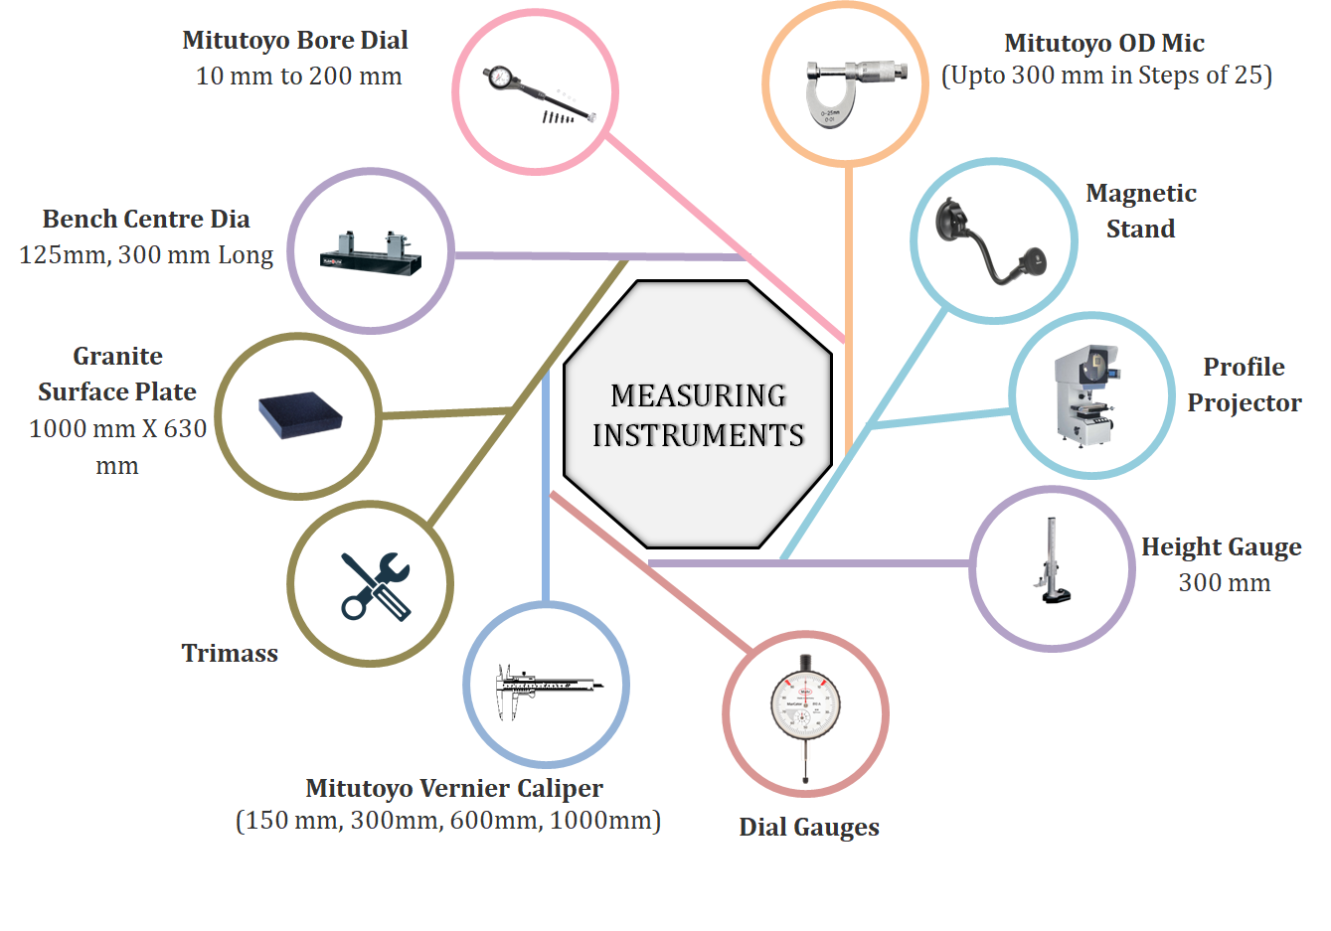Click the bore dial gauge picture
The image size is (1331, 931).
(x=537, y=93)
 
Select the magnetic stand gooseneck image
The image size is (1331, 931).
(x=992, y=242)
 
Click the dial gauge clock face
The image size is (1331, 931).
(x=806, y=707)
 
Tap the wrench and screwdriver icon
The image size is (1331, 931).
(x=374, y=585)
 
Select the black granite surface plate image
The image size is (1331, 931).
(x=299, y=415)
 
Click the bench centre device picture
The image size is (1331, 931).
(x=371, y=252)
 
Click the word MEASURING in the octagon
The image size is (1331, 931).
(x=698, y=395)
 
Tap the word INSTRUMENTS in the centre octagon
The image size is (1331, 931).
(x=698, y=435)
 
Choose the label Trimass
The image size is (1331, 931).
(x=230, y=653)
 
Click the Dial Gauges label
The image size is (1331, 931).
(x=808, y=827)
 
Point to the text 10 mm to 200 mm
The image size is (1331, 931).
(x=298, y=76)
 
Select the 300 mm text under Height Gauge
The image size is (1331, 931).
(x=1224, y=582)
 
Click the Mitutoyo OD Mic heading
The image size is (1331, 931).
(x=1103, y=43)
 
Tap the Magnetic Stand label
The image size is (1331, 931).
(x=1140, y=211)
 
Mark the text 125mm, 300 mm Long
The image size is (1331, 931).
(x=146, y=254)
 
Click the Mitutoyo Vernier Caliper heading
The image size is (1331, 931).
(x=453, y=788)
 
